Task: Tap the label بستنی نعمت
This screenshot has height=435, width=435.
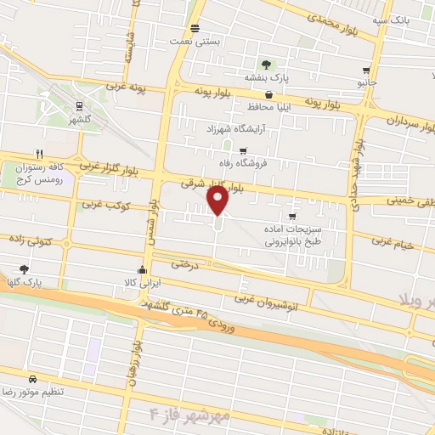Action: tap(198, 41)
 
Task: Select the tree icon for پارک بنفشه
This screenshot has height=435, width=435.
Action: tap(266, 64)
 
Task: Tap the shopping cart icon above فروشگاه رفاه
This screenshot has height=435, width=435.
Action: tap(243, 150)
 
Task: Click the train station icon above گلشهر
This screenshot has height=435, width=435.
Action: tap(79, 106)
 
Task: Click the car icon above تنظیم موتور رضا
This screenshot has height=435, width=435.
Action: tap(32, 379)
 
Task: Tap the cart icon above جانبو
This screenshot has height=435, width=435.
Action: tap(366, 71)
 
